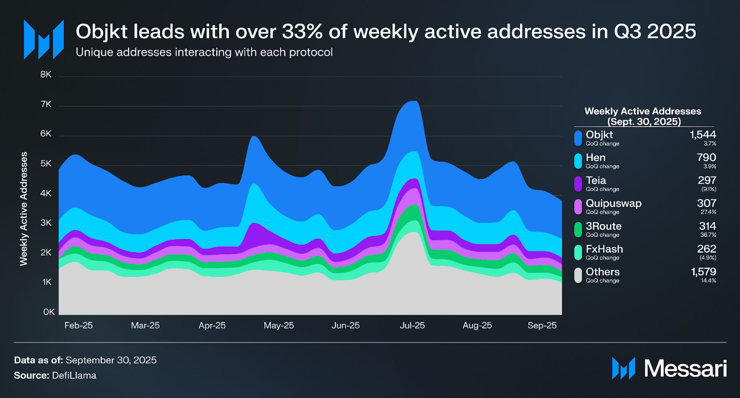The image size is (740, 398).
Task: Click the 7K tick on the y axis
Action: click(46, 104)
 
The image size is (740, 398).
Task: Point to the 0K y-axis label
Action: click(49, 312)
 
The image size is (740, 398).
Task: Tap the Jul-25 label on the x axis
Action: click(412, 325)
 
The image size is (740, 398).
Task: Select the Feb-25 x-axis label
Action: click(78, 325)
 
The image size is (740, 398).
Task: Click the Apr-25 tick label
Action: click(212, 325)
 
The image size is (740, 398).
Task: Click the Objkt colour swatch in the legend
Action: click(578, 138)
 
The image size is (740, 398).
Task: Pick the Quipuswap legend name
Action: click(614, 203)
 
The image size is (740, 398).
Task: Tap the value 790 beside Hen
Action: click(706, 157)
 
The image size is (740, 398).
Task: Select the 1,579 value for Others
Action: click(703, 272)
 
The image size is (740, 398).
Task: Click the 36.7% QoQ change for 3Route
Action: click(708, 235)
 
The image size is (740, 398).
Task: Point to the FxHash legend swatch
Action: click(578, 252)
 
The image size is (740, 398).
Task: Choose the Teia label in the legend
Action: click(596, 180)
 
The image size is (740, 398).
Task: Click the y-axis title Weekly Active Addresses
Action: click(23, 209)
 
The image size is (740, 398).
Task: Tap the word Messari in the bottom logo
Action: click(685, 368)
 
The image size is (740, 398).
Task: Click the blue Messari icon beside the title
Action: click(44, 40)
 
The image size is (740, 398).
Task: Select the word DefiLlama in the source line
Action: click(74, 376)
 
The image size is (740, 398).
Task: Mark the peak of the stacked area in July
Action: click(413, 101)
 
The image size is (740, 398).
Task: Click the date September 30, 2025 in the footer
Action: click(111, 360)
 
